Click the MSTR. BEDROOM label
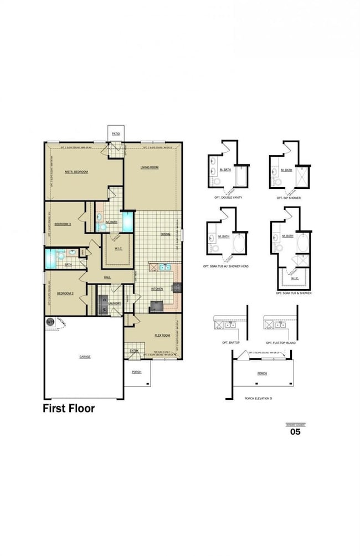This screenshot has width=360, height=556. (x=76, y=172)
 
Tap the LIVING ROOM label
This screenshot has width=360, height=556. (x=149, y=167)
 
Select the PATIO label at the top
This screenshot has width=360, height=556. (x=116, y=134)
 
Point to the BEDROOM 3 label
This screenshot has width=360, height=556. (x=61, y=224)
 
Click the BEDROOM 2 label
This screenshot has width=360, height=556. (x=65, y=293)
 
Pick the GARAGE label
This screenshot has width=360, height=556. (x=84, y=357)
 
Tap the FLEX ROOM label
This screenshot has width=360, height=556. (x=162, y=336)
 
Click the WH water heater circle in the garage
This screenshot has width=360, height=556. (x=50, y=321)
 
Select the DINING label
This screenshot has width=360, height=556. (x=166, y=234)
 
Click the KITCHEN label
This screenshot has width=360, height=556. (x=157, y=289)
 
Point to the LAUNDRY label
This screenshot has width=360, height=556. (x=115, y=303)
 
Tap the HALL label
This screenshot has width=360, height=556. (x=109, y=277)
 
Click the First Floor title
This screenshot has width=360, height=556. (x=69, y=409)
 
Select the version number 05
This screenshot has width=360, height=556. (x=295, y=432)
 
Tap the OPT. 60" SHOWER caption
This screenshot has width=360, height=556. (x=289, y=198)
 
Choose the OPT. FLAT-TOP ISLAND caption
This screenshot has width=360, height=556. (x=281, y=343)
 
